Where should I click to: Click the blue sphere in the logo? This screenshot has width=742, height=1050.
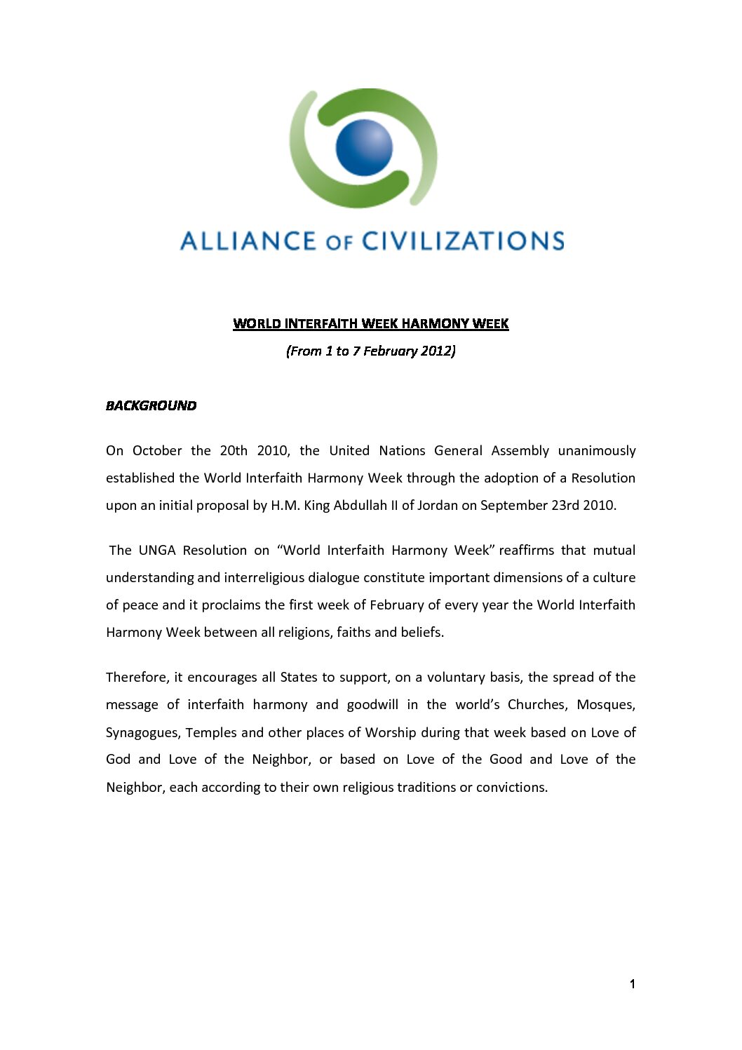click(364, 147)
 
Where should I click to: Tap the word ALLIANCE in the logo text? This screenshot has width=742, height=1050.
click(248, 241)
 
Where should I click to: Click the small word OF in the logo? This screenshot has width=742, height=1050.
click(339, 243)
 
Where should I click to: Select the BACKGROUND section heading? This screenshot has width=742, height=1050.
click(151, 405)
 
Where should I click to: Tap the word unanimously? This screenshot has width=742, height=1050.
click(596, 450)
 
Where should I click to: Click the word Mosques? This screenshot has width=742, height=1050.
click(605, 704)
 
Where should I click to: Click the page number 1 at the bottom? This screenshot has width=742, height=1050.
click(632, 984)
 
